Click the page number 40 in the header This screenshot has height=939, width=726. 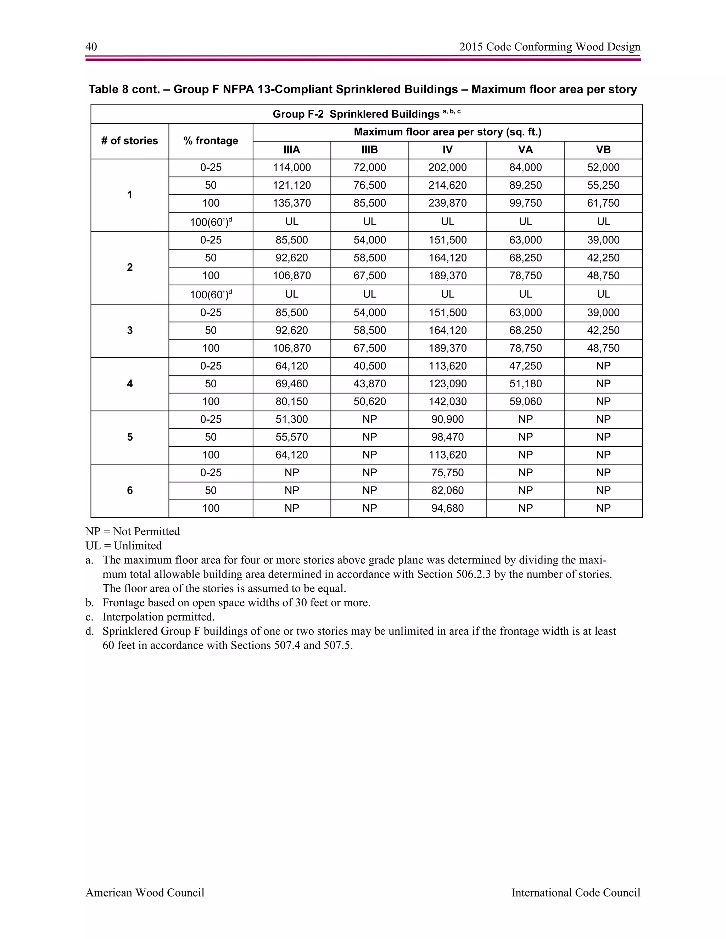point(91,46)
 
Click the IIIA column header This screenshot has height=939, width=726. point(292,150)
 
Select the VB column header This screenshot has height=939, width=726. point(603,150)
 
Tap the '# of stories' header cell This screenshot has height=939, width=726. point(129,141)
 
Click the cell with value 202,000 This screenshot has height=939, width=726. point(447,168)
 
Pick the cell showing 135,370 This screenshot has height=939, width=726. point(292,203)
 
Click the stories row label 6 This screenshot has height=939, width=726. point(129,490)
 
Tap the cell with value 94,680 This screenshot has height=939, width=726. point(447,508)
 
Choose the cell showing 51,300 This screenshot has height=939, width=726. point(292,419)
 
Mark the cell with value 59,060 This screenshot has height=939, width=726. point(525,401)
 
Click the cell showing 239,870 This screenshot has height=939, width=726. point(447,203)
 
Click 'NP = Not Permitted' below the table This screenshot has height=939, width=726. point(133,532)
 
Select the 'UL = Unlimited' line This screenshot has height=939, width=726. point(123,546)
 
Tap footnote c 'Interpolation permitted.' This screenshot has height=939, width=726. point(158,617)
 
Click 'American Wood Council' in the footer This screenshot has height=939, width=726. point(145,893)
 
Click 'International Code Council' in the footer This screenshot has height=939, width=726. point(575,893)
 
